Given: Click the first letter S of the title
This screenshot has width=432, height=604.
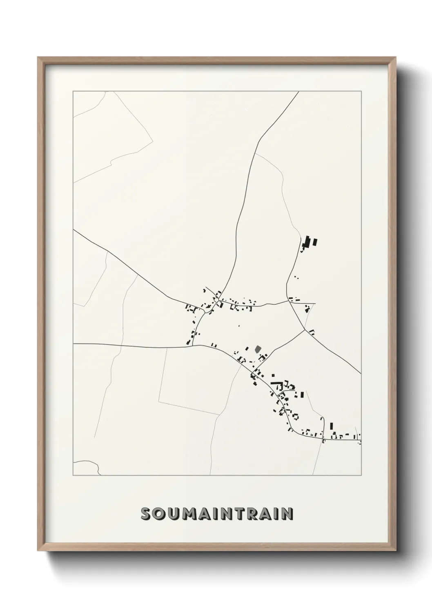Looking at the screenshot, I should (146, 514).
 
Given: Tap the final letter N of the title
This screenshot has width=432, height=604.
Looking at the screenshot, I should (287, 514).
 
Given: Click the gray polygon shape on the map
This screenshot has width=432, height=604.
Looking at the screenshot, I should (257, 349).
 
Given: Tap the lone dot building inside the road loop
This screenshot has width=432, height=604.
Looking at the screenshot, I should (239, 326).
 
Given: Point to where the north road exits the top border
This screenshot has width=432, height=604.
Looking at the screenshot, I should (299, 92).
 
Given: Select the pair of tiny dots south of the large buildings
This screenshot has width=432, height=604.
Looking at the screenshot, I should (296, 277).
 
